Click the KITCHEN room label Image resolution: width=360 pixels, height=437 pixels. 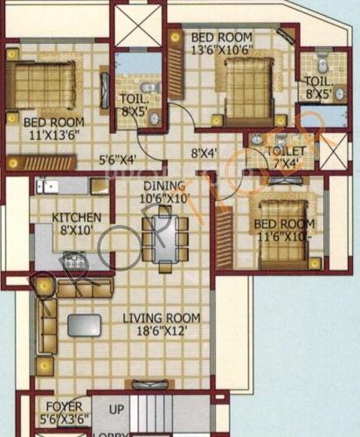(x=75, y=217)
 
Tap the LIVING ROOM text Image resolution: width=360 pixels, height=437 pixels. (x=160, y=318)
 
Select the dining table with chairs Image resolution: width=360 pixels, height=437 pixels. (x=164, y=238)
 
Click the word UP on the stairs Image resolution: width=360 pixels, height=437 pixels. (x=114, y=409)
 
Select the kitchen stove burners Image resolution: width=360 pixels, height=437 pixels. (x=73, y=260)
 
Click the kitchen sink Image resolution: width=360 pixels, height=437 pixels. (x=45, y=185)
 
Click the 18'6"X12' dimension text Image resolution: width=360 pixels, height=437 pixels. (x=161, y=332)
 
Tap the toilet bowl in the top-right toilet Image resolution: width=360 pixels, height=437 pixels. (x=322, y=64)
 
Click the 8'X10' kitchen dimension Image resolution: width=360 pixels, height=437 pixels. (x=75, y=231)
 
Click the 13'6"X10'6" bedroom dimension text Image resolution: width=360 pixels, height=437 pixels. (x=224, y=50)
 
